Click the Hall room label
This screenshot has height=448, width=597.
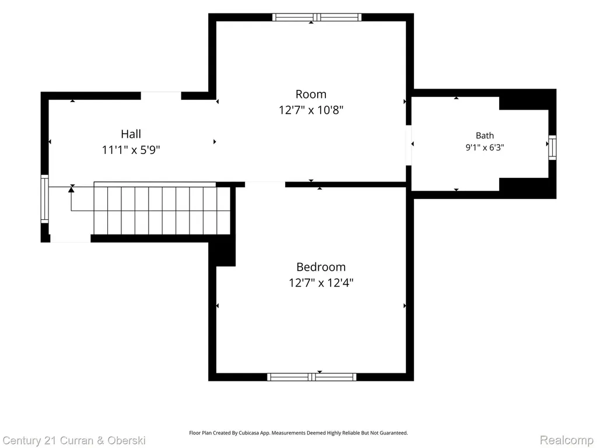[x=131, y=134]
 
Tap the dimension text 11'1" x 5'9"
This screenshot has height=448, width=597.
[x=131, y=150]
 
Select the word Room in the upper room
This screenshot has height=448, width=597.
[x=311, y=94]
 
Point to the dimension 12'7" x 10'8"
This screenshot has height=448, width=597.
[x=311, y=110]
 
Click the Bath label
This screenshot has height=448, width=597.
[x=484, y=135]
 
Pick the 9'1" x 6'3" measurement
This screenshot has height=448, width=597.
[x=484, y=148]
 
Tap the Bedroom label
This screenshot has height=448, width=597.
[x=321, y=267]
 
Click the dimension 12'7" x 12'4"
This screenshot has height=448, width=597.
[x=321, y=283]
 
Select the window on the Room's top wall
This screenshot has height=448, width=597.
[x=317, y=17]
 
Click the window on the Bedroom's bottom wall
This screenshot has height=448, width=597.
[x=311, y=377]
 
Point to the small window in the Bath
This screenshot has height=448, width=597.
[x=552, y=148]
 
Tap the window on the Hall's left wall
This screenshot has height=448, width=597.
[x=44, y=199]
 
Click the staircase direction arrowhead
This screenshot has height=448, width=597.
[x=71, y=189]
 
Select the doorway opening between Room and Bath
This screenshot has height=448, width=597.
[x=409, y=145]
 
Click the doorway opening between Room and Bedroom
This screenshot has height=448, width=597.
[x=265, y=185]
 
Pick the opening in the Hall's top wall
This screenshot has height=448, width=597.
[x=161, y=96]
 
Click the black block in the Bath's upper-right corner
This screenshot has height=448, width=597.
[x=528, y=99]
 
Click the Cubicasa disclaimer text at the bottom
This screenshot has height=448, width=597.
[x=298, y=433]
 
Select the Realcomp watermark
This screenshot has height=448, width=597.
[x=567, y=440]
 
